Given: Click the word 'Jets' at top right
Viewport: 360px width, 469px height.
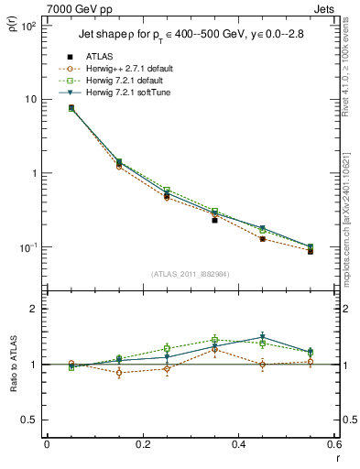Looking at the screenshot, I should coord(326,7).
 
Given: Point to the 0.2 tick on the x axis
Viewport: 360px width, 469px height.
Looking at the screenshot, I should coord(142,444).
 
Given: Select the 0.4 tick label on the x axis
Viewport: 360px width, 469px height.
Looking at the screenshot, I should coord(238,444).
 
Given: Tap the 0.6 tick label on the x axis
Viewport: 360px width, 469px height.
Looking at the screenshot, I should coord(333,444).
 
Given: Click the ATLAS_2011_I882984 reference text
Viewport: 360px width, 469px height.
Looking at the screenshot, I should coord(190,273).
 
